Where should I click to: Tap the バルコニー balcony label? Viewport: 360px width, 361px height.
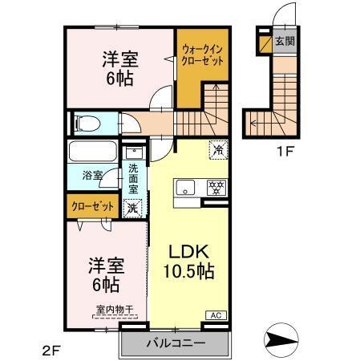click(x=176, y=343)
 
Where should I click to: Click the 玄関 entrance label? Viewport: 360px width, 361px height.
click(x=284, y=41)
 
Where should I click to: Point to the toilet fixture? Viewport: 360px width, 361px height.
click(x=86, y=124)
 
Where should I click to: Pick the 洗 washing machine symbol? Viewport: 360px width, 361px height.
click(x=133, y=207)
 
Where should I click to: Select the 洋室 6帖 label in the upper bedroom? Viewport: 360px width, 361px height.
click(x=117, y=68)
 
